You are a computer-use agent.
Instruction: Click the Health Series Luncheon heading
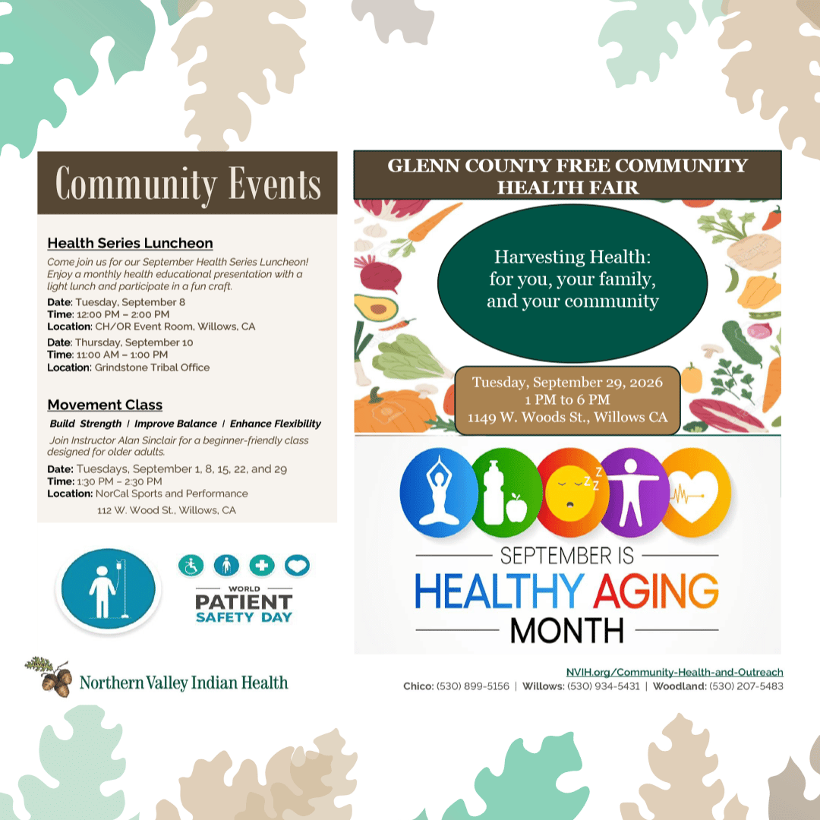(131, 243)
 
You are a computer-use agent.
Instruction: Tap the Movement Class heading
(105, 405)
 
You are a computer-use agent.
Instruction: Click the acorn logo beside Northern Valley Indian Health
(49, 676)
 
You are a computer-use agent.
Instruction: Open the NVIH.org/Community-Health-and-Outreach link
(675, 672)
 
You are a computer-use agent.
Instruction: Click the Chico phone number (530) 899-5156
(473, 686)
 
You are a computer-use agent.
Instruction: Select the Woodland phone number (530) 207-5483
(746, 686)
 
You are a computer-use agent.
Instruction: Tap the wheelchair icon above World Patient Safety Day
(191, 566)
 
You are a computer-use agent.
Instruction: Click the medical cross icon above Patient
(262, 566)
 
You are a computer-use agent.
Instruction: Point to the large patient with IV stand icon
(109, 589)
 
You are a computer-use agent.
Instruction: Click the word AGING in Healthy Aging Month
(656, 591)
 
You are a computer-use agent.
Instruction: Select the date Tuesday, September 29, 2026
(567, 382)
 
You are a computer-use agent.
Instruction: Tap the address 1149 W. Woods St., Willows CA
(567, 418)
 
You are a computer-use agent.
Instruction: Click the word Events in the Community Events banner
(275, 184)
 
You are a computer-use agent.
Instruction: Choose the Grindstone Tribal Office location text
(152, 367)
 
